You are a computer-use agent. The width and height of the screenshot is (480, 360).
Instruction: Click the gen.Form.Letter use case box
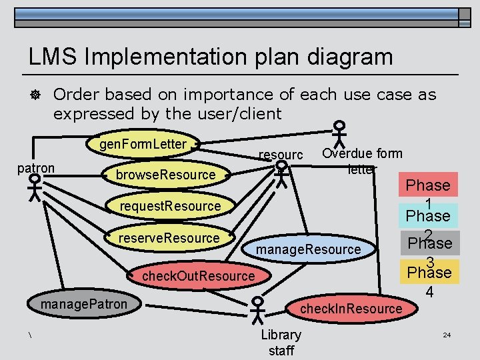[143, 143]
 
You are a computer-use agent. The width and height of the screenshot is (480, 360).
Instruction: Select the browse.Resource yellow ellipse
[166, 175]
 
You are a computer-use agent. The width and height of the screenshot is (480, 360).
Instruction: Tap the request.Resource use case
[170, 206]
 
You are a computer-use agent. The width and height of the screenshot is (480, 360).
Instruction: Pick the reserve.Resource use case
[169, 238]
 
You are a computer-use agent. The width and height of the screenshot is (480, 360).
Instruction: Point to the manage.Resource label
[309, 249]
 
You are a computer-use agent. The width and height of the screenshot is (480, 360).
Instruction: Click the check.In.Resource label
[351, 308]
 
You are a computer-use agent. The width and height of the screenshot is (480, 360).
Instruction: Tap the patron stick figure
[35, 190]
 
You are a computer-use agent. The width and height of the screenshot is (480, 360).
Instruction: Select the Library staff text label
[281, 342]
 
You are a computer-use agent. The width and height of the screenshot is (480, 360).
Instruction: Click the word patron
[36, 168]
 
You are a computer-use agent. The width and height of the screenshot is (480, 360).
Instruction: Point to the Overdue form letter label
[362, 161]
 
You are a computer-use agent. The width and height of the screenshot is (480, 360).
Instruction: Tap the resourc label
[281, 155]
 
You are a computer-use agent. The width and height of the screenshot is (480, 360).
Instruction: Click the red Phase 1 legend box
[428, 185]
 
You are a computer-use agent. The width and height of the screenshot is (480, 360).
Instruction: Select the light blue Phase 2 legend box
[428, 215]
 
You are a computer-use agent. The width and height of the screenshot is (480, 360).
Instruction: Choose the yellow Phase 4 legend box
[428, 272]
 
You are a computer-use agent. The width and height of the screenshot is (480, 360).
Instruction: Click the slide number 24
[447, 334]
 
